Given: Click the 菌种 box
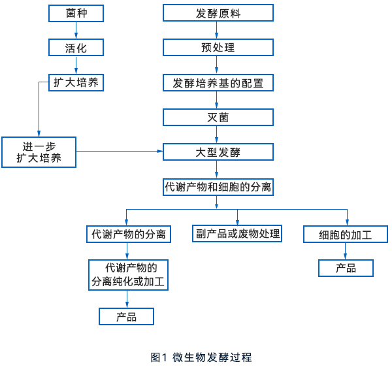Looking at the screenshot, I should click(77, 13).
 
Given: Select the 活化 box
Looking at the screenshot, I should click(77, 48).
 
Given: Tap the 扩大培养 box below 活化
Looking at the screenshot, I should click(77, 82).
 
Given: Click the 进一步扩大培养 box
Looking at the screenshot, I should click(39, 152).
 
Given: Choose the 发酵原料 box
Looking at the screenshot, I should click(218, 13).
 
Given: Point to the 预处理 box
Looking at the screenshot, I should click(218, 48).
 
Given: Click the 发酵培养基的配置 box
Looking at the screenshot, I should click(218, 82).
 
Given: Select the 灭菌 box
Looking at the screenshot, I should click(218, 117).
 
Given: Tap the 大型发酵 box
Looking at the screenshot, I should click(218, 152).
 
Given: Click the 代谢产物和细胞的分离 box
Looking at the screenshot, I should click(218, 187).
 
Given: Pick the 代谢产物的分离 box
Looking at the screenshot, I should click(129, 234).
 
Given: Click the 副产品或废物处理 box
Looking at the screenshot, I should click(237, 233).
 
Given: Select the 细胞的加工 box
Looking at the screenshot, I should click(346, 234).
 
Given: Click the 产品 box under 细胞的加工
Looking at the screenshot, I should click(346, 268).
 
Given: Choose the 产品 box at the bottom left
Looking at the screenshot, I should click(127, 316).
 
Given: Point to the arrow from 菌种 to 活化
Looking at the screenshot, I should click(77, 30).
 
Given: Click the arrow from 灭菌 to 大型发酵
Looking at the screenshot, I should click(218, 135).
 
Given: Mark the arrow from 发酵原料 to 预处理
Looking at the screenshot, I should click(218, 30).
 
